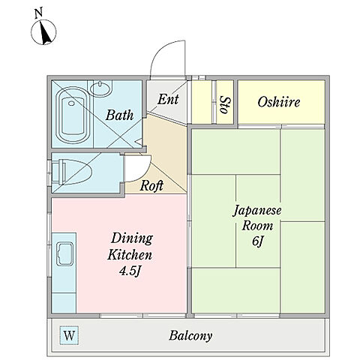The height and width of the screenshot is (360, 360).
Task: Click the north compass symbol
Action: click(43, 32)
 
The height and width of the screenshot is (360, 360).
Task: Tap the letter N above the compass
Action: click(38, 13)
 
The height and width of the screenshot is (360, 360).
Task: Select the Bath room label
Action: click(119, 115)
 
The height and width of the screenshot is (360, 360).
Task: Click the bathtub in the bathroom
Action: click(73, 115)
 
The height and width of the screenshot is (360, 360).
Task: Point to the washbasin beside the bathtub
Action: click(100, 88)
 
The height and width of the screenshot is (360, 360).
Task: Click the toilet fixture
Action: click(72, 172)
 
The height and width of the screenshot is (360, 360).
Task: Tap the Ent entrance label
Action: click(168, 99)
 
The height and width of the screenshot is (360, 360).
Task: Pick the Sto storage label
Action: click(226, 105)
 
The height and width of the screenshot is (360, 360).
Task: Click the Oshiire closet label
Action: click(279, 102)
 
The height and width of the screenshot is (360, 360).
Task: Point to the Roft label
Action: click(151, 186)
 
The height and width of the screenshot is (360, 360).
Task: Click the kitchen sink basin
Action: click(64, 253)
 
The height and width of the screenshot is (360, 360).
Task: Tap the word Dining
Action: click(132, 239)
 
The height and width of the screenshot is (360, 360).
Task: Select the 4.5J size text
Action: click(129, 271)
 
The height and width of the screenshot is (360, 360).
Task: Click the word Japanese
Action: click(257, 211)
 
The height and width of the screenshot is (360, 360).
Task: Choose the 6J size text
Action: click(257, 241)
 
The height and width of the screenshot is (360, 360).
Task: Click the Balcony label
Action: click(190, 335)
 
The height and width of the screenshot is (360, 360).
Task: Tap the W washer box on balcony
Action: click(69, 335)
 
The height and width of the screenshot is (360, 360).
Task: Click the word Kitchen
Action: click(130, 255)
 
